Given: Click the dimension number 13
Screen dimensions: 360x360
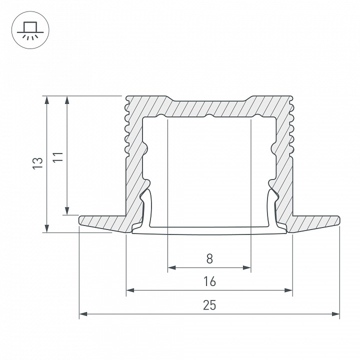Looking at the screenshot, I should click(36, 163).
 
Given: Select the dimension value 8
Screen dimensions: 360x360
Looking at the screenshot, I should click(209, 258).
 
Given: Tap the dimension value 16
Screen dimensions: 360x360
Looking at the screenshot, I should click(209, 281).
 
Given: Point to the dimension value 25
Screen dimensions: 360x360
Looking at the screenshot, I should click(209, 305).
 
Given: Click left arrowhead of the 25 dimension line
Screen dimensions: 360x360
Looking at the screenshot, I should click(83, 314).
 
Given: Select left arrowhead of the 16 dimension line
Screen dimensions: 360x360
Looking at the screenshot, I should click(129, 290).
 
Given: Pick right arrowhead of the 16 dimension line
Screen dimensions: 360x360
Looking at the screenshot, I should click(288, 290).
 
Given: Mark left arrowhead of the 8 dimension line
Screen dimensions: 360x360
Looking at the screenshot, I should click(171, 268).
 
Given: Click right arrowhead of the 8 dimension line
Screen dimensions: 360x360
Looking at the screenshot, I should click(247, 268).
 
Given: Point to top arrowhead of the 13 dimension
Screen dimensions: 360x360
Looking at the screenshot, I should click(47, 99).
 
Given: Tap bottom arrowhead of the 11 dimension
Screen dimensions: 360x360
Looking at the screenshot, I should click(66, 211).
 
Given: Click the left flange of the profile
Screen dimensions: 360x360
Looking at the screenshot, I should click(102, 221).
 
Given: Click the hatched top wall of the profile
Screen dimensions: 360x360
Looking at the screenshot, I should click(209, 107).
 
